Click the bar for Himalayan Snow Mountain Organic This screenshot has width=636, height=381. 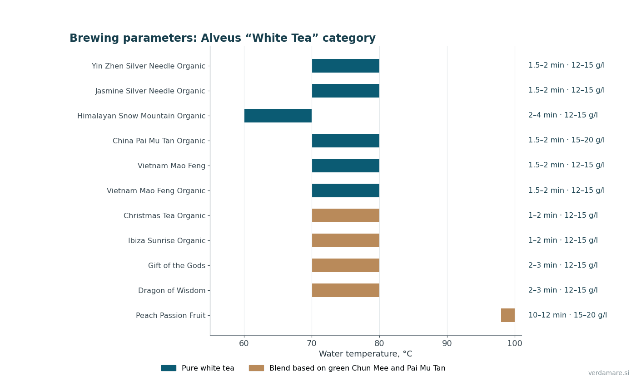click(278, 116)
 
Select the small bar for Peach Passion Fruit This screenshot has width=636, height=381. click(508, 315)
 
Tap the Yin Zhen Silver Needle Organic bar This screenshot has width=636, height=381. click(346, 66)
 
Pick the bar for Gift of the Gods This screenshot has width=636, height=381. click(346, 265)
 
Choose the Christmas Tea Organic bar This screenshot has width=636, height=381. click(346, 215)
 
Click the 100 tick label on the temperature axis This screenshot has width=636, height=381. click(515, 344)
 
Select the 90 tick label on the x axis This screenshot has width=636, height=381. click(447, 344)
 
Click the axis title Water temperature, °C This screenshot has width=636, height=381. click(365, 354)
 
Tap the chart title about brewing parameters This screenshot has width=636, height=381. click(223, 38)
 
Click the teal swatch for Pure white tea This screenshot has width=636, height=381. click(169, 368)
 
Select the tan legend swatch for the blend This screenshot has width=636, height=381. click(256, 368)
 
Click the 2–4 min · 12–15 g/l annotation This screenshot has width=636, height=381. click(563, 115)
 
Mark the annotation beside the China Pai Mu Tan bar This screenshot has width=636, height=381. click(566, 140)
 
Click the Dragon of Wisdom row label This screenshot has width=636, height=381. click(172, 291)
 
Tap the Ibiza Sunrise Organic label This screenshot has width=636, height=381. click(167, 241)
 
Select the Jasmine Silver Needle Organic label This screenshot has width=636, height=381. click(150, 91)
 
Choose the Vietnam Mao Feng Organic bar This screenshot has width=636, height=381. click(346, 190)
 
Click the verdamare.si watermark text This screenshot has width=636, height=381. click(609, 373)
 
